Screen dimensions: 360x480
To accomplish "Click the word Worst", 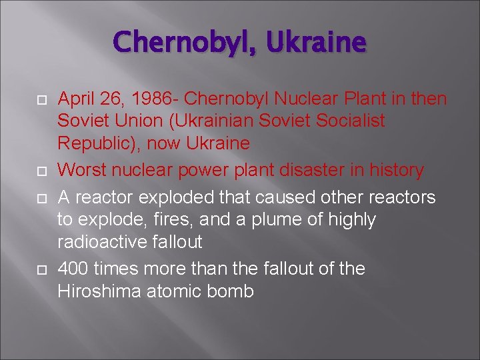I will [81, 170].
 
